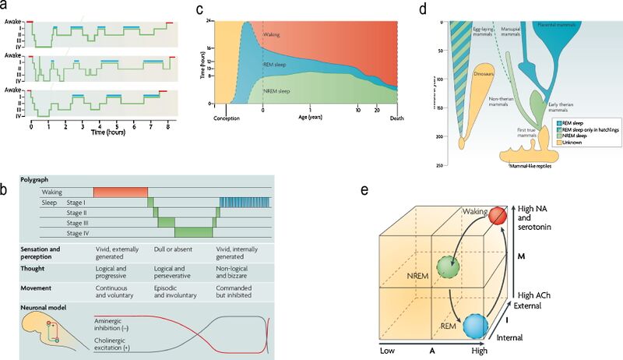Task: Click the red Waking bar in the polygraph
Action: [x=121, y=192]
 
